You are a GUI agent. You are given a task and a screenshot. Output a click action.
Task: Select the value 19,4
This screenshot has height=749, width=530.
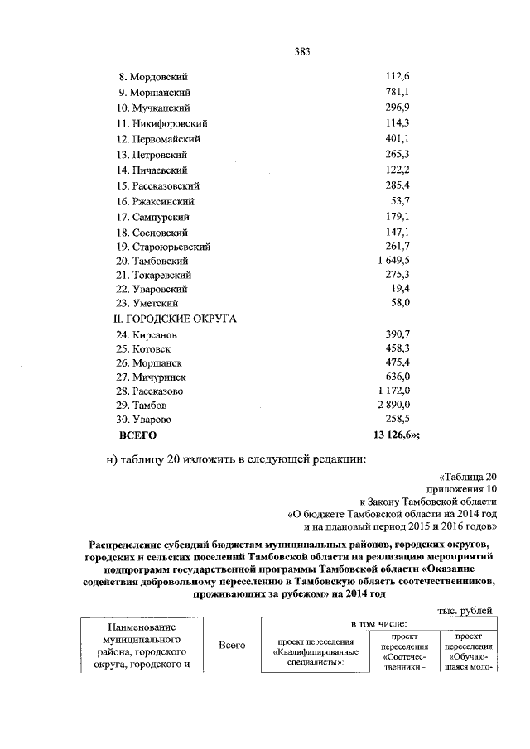[402, 290]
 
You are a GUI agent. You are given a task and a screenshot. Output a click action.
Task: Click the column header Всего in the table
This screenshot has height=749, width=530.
[232, 645]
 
